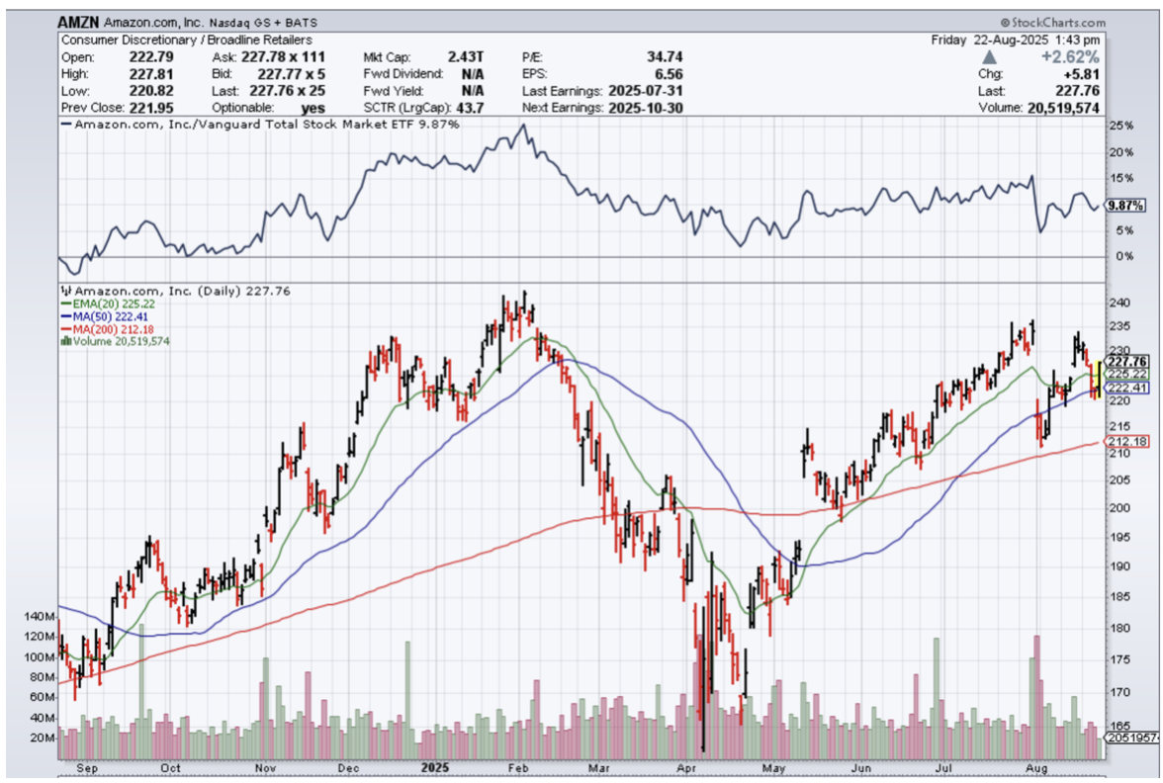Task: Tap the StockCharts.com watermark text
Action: pyautogui.click(x=1054, y=22)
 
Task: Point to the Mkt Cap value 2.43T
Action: pyautogui.click(x=466, y=56)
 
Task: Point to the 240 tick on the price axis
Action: pyautogui.click(x=1119, y=304)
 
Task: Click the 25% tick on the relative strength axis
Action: pyautogui.click(x=1120, y=127)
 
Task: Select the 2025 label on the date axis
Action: pyautogui.click(x=434, y=766)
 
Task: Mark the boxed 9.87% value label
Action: pyautogui.click(x=1125, y=206)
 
